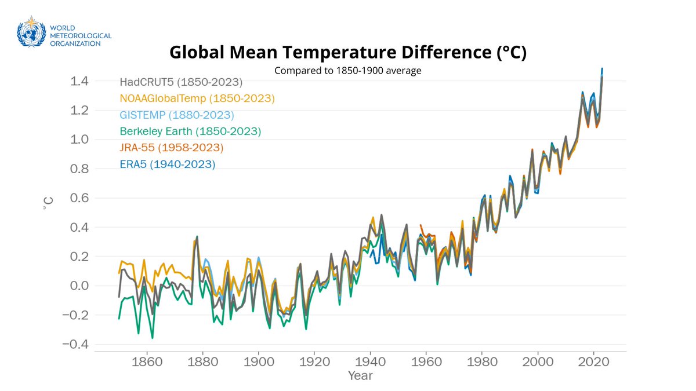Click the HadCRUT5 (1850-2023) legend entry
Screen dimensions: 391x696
click(x=181, y=82)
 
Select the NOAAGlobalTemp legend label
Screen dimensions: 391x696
click(x=197, y=98)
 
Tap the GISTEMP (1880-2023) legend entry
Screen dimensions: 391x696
click(x=177, y=115)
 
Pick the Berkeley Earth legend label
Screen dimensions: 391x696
click(x=191, y=131)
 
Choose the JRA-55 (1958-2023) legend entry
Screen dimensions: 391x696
click(x=172, y=148)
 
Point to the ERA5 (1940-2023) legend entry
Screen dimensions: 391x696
click(x=168, y=165)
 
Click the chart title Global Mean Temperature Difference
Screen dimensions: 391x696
click(x=347, y=53)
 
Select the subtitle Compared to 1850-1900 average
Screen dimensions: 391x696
click(x=347, y=71)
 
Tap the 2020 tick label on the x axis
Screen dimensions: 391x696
click(x=593, y=360)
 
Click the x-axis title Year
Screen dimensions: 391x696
click(x=360, y=376)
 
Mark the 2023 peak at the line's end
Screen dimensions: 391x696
click(x=602, y=69)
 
